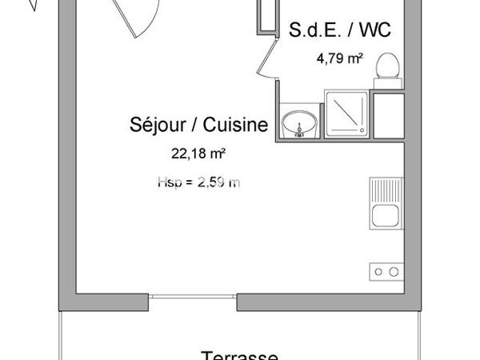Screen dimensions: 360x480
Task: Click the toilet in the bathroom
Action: [390, 63]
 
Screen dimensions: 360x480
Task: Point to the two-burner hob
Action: [384, 272]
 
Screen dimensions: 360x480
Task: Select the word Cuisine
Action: [236, 126]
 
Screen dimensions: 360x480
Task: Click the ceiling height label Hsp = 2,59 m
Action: [198, 182]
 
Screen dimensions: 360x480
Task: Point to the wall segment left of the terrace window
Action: [104, 303]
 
